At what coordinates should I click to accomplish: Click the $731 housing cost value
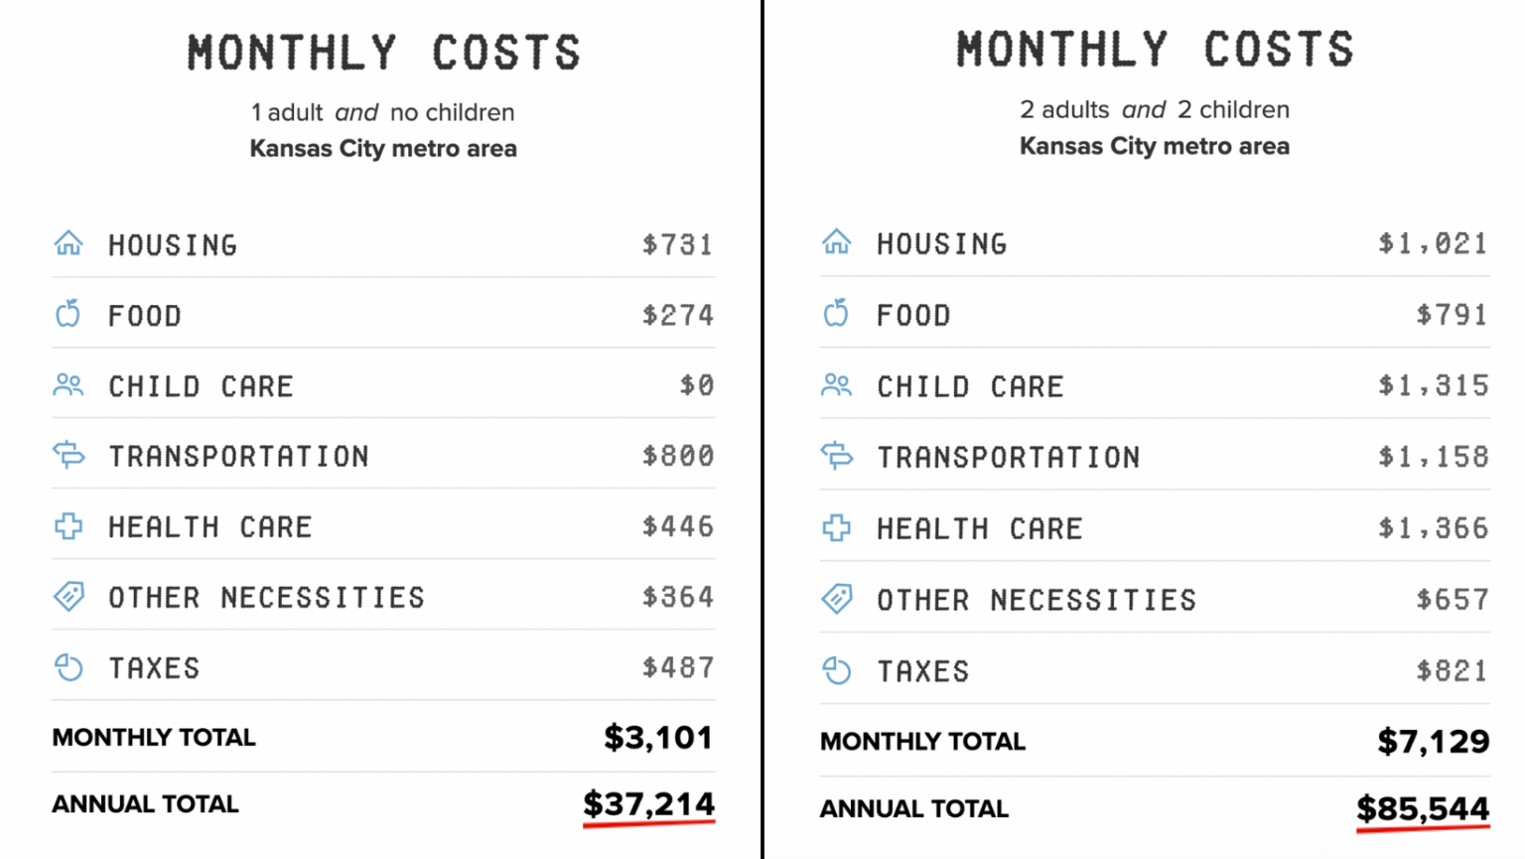pos(677,244)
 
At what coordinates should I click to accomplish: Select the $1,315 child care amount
pos(1433,385)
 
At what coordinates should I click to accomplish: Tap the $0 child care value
pos(697,385)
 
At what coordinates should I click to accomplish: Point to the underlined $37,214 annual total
pos(648,803)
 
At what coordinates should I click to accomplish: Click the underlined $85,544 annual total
pos(1422,808)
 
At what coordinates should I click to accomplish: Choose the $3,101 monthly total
pos(658,737)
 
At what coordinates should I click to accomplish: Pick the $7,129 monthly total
pos(1433,741)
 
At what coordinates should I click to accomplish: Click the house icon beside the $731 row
pos(69,243)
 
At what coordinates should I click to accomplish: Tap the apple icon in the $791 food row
pos(836,314)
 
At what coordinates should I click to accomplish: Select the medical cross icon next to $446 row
pos(69,526)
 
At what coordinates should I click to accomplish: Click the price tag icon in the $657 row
pos(836,599)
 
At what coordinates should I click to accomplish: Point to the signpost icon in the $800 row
pos(69,456)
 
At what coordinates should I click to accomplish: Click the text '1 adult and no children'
pos(382,112)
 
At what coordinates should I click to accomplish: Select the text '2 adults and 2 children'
pos(1154,109)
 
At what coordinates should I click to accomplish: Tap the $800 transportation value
pos(677,456)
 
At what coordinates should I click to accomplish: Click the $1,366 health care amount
pos(1433,527)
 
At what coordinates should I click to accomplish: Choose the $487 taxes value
pos(677,667)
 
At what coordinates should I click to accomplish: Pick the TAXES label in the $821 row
pos(922,671)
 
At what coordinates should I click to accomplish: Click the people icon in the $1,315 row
pos(836,385)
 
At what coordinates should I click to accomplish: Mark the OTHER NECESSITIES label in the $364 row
pos(266,597)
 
